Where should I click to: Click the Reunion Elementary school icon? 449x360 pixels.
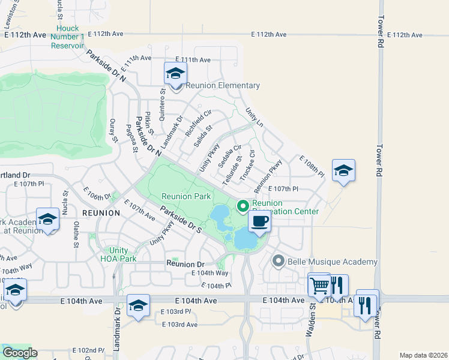[175, 74]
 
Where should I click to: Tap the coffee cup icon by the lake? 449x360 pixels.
[259, 221]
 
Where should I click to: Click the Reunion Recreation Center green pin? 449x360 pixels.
[243, 206]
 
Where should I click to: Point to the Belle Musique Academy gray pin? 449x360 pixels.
[278, 262]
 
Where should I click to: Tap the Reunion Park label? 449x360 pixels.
[185, 196]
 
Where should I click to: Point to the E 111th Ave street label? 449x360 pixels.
[193, 60]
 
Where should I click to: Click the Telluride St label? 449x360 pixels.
[232, 171]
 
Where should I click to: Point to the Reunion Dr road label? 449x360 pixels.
[185, 264]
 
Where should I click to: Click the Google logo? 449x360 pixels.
[19, 353]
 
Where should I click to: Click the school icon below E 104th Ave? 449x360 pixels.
[138, 307]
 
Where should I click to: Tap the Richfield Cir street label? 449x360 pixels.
[199, 122]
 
